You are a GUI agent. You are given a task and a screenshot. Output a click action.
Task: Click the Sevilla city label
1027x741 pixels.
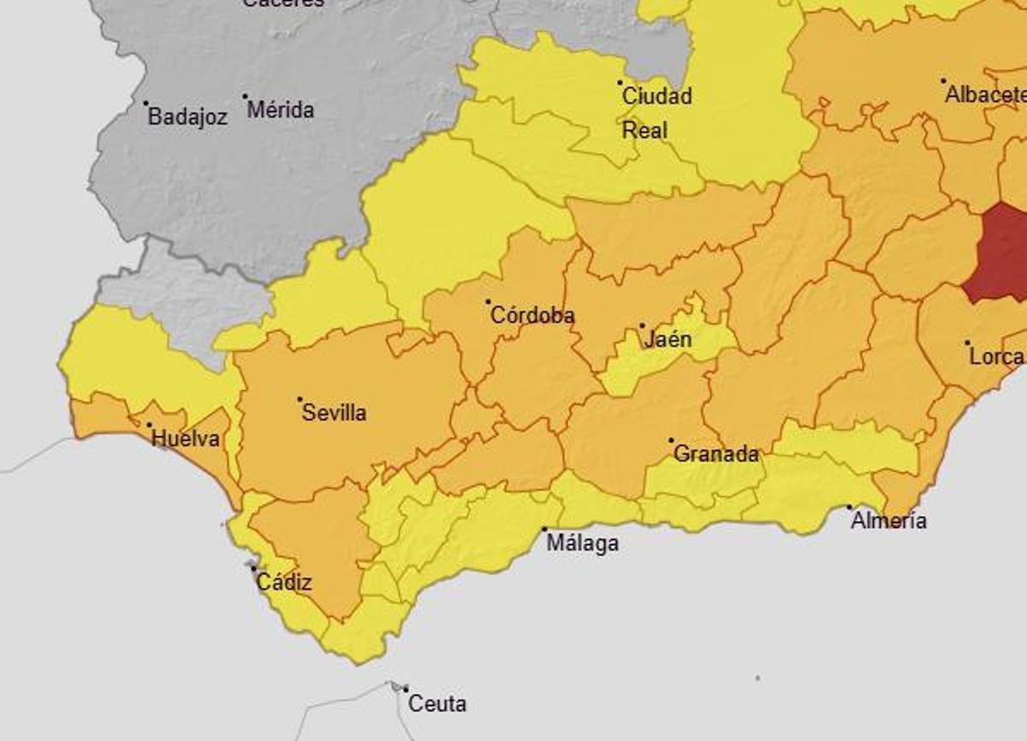(x=334, y=413)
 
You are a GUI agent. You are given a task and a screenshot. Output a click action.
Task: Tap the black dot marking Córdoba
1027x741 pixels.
(x=489, y=302)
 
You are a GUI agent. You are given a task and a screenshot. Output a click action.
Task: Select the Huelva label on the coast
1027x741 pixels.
(x=185, y=439)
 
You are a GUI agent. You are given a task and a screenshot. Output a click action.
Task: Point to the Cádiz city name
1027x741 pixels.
(x=284, y=584)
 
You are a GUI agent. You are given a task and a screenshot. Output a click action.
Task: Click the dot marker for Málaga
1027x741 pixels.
(x=544, y=530)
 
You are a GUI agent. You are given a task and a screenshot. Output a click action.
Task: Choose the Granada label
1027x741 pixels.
(x=716, y=454)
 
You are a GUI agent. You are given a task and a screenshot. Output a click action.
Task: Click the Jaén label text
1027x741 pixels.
(x=668, y=340)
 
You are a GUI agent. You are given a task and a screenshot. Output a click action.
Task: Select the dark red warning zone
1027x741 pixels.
(x=998, y=254)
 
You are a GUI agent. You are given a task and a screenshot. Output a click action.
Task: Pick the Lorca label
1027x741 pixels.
(x=997, y=357)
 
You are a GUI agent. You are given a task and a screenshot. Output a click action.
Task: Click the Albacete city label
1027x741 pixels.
(x=984, y=96)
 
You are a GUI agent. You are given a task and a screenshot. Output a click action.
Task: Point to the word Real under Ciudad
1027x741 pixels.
(x=644, y=131)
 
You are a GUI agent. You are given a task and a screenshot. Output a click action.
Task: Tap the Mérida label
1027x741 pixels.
(x=281, y=110)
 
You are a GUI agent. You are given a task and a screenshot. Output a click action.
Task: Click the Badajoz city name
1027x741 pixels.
(x=187, y=117)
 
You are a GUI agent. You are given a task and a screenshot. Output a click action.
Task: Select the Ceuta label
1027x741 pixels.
(x=437, y=704)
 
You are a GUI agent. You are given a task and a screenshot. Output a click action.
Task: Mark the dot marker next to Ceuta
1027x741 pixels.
(x=406, y=689)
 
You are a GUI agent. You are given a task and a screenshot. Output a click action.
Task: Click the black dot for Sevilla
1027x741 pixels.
(x=300, y=400)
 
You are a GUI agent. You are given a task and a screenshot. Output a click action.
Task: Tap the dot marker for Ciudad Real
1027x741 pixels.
(x=620, y=83)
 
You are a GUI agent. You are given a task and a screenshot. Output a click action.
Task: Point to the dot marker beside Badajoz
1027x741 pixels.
(x=145, y=104)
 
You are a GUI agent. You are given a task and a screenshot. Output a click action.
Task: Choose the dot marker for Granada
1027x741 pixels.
(x=672, y=441)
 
